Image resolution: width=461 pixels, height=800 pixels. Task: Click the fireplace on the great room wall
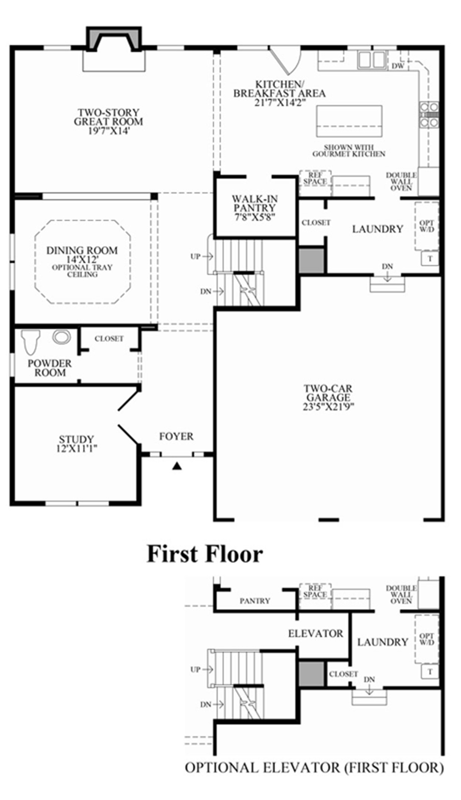point(114,39)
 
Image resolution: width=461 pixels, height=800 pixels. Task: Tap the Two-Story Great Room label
point(108,121)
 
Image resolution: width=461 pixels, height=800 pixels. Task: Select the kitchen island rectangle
point(349,121)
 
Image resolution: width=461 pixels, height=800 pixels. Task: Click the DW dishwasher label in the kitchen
point(397,66)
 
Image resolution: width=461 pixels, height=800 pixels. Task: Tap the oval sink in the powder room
point(61,337)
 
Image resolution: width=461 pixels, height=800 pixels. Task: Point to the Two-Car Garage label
point(328,397)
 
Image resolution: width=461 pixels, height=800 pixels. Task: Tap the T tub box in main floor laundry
point(430,258)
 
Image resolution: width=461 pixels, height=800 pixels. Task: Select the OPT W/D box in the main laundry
point(427,226)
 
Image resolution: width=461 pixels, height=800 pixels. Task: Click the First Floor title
point(204,554)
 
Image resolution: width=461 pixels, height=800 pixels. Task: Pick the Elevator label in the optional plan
point(315,633)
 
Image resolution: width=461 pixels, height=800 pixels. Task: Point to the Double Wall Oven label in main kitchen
point(401,182)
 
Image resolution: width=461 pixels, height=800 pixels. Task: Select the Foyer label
point(176,436)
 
